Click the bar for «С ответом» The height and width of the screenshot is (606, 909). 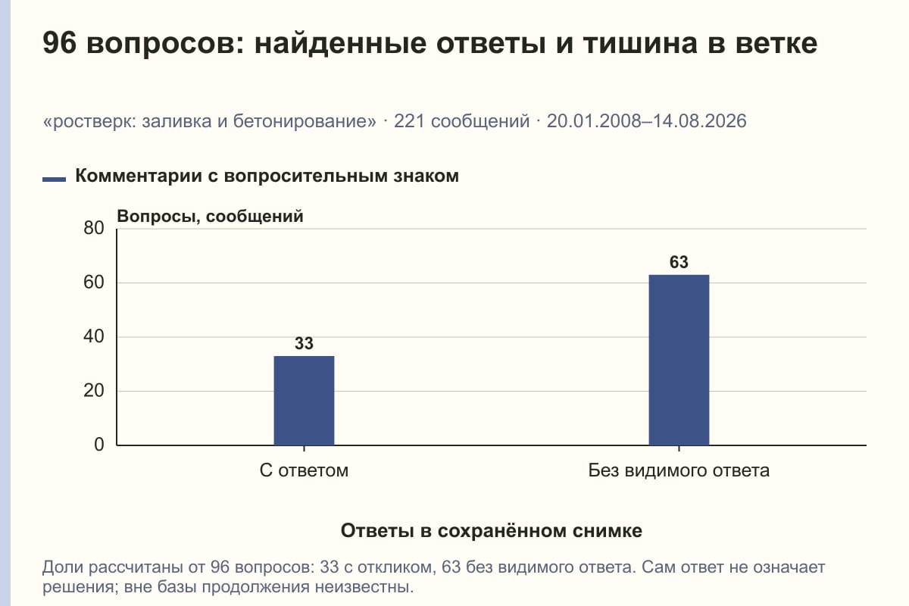304,401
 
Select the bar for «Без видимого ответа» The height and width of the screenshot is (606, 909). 679,360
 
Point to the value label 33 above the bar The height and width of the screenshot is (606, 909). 304,343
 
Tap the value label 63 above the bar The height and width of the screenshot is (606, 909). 679,262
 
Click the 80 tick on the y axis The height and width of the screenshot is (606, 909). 94,228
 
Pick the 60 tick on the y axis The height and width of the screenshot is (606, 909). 94,283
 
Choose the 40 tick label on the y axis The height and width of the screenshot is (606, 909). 94,336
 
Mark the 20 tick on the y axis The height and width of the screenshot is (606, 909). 94,391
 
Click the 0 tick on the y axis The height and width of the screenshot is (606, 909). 99,445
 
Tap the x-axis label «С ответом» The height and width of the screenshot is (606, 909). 304,471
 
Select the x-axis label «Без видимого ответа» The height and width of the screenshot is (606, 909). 679,471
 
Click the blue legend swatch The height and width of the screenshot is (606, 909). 54,180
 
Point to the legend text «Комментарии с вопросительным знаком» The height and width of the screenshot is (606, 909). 267,176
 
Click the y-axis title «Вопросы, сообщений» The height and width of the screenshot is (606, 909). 211,217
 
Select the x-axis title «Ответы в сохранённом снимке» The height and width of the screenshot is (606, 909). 492,531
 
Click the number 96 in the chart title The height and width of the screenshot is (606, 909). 59,43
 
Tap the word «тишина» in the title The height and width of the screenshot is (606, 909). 640,43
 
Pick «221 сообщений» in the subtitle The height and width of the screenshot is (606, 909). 462,121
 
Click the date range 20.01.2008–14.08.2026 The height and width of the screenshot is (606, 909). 646,121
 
